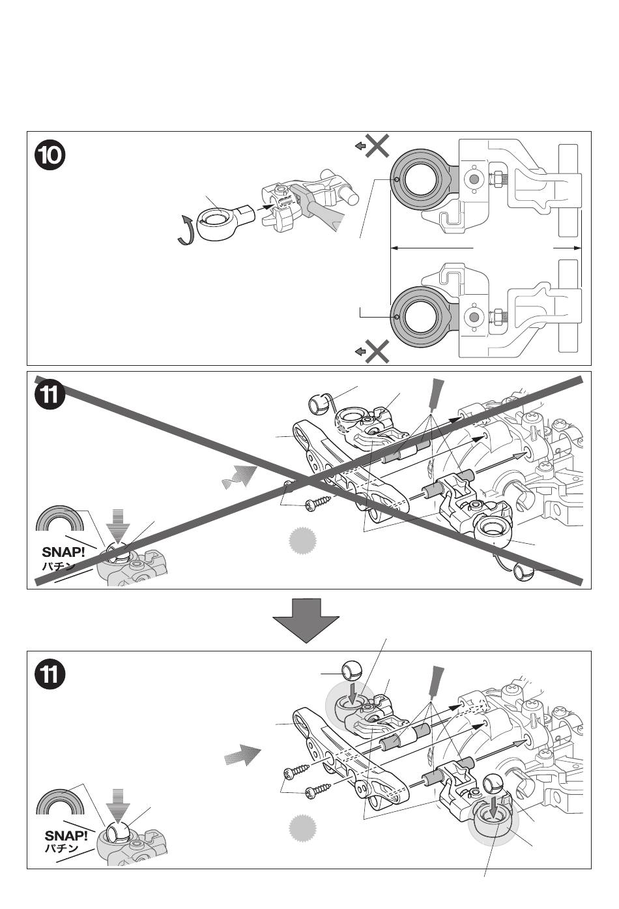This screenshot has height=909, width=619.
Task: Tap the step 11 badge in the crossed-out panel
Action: pyautogui.click(x=50, y=396)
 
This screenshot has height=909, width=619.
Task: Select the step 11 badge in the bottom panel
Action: pyautogui.click(x=50, y=675)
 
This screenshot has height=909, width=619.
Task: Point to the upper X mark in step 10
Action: pyautogui.click(x=377, y=147)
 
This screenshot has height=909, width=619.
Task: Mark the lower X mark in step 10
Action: pyautogui.click(x=377, y=351)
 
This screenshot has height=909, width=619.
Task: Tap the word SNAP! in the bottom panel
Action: pyautogui.click(x=65, y=835)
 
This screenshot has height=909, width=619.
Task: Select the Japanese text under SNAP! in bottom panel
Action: pyautogui.click(x=61, y=848)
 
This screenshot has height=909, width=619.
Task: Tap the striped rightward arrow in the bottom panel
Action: pyautogui.click(x=242, y=756)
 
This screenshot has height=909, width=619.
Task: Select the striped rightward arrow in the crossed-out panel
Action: pyautogui.click(x=240, y=477)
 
